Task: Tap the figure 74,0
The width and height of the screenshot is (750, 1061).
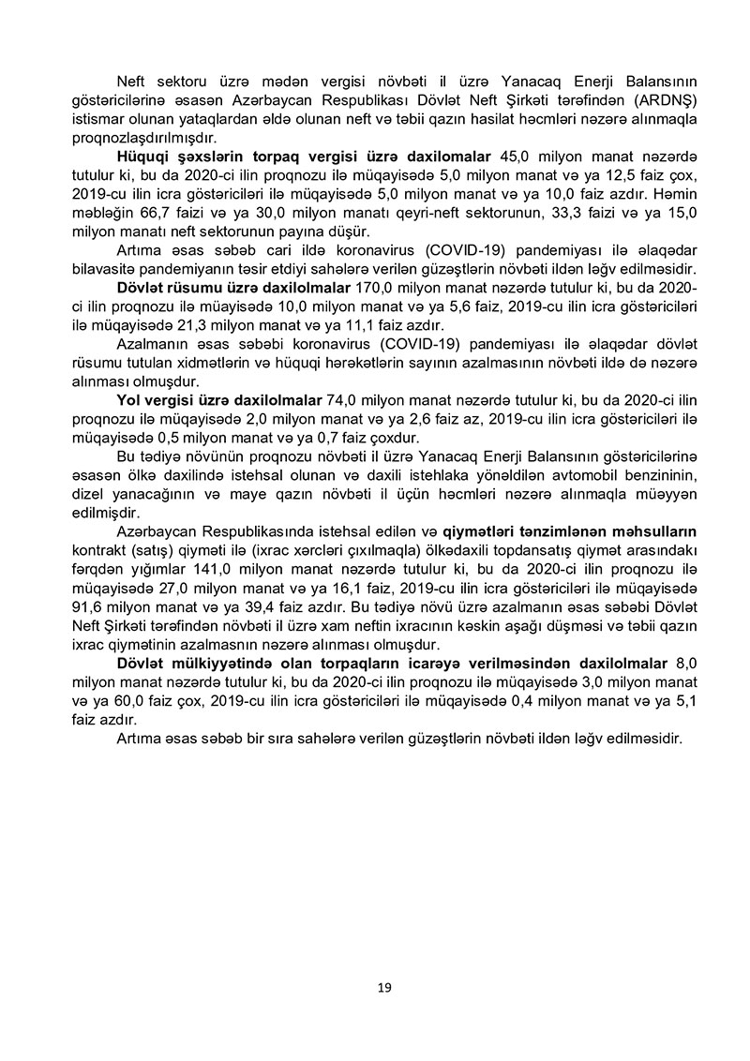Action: click(x=342, y=401)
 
